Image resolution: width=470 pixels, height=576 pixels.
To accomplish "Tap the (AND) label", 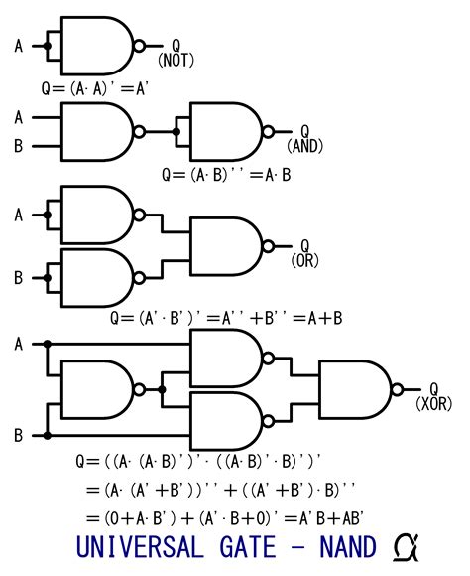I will [x=304, y=146].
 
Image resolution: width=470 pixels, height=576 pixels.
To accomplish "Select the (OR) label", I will [x=303, y=261].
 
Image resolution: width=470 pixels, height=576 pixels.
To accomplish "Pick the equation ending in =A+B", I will [x=227, y=318].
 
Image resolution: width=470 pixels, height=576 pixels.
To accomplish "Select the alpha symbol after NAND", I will [x=405, y=547].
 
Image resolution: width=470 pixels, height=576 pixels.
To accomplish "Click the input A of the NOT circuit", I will [x=18, y=45].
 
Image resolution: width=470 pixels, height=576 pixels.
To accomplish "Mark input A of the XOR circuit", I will [x=18, y=344].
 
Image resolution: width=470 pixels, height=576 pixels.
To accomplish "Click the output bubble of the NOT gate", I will [x=139, y=45].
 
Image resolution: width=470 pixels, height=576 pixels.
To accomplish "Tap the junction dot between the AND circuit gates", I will [x=176, y=130].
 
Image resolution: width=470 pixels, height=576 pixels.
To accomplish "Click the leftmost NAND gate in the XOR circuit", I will [x=98, y=389].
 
